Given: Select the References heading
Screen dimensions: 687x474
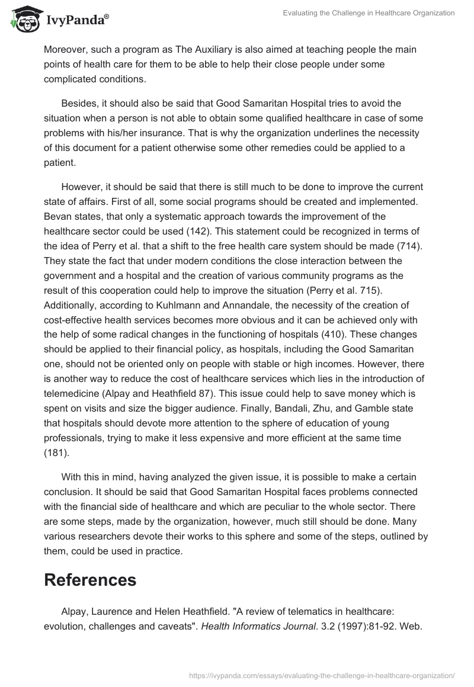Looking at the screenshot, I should pos(90,580).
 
